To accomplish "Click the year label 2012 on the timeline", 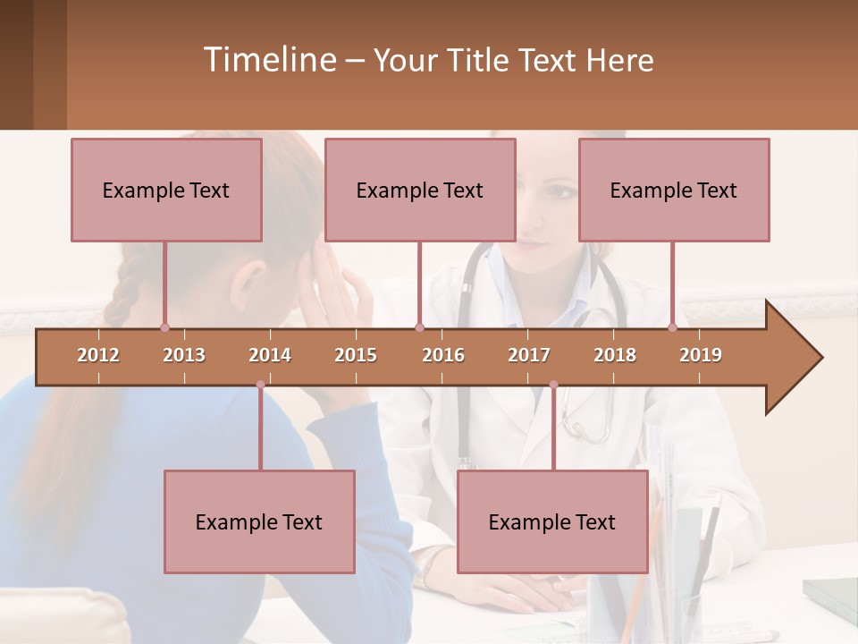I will (x=98, y=355).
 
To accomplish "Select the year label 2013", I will (x=184, y=355).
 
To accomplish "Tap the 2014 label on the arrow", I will (x=270, y=355).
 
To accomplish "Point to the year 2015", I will (x=356, y=355).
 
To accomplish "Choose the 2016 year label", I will (x=443, y=355).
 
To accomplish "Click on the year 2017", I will (x=529, y=355).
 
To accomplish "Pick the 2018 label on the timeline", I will (x=615, y=355).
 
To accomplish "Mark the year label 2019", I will (x=701, y=355).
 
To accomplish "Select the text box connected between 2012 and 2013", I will (x=166, y=190).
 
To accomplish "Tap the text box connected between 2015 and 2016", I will (x=420, y=190).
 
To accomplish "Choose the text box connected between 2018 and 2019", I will (x=674, y=190).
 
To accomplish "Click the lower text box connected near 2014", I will (x=259, y=521).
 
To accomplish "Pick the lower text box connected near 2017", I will (x=552, y=521).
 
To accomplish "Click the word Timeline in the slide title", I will (x=268, y=60).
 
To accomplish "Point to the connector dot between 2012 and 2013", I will (x=164, y=327).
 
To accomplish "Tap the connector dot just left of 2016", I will (x=419, y=327).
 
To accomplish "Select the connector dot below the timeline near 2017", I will (x=553, y=385).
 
